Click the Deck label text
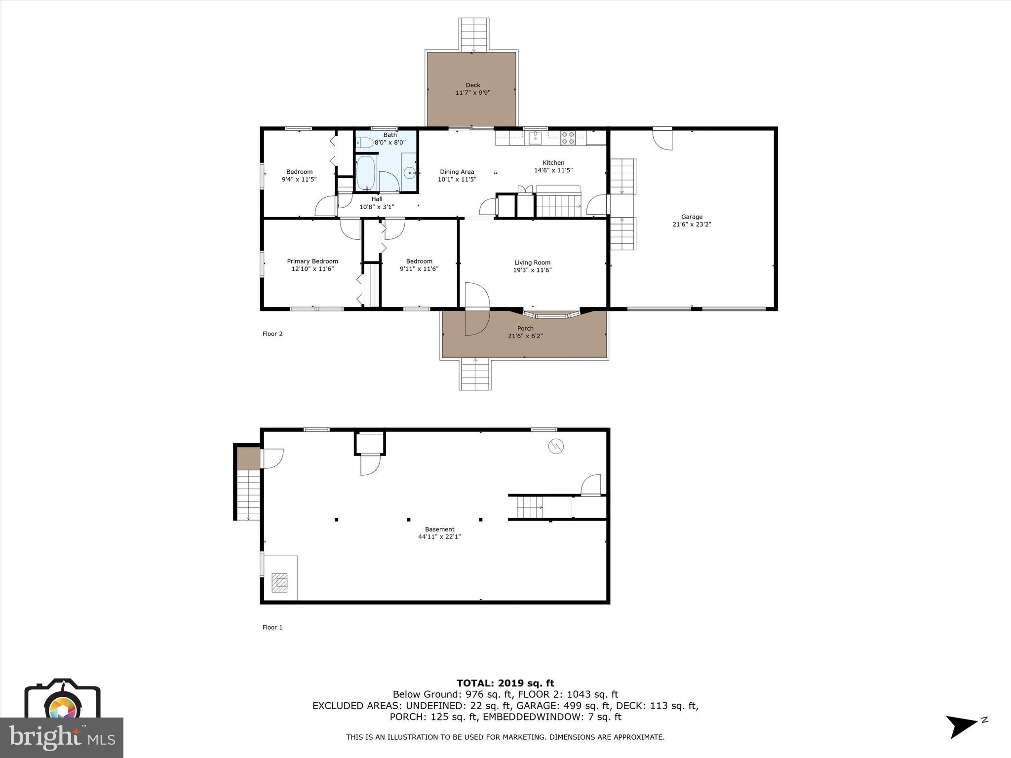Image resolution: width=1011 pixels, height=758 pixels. click(472, 85)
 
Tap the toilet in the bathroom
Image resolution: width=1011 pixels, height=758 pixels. click(364, 143)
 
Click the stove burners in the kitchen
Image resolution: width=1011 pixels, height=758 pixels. click(568, 137)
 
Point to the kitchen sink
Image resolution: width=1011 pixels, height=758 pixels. click(535, 138)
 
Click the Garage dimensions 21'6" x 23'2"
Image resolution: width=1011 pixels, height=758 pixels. click(692, 224)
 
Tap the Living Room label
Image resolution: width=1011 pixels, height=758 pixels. click(532, 263)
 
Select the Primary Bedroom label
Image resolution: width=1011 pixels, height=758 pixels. click(312, 261)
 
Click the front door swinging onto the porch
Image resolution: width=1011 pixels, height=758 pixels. click(476, 322)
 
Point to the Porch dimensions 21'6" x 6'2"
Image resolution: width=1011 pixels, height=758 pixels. click(525, 336)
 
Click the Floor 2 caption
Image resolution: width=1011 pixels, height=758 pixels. click(272, 334)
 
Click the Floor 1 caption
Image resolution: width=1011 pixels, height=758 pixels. click(272, 627)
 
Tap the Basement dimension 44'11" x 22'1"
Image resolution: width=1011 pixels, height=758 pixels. click(439, 536)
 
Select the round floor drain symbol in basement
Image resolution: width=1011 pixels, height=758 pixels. click(556, 446)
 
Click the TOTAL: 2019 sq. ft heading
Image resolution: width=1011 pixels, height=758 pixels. click(505, 683)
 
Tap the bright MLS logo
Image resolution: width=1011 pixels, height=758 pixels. click(62, 737)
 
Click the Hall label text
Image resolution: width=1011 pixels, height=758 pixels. click(377, 199)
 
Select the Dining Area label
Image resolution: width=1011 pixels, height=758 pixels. click(457, 172)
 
